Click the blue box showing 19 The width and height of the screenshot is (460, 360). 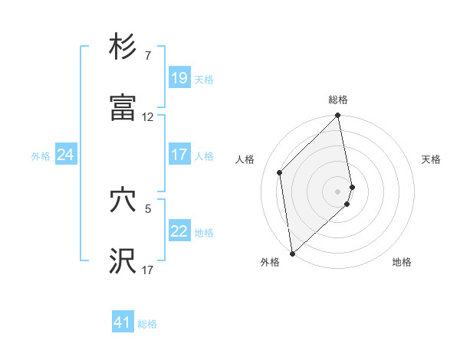(x=179, y=77)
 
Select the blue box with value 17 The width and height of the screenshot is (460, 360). (x=179, y=155)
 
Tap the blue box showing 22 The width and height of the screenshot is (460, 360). (x=179, y=231)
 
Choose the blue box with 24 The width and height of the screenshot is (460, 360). (x=65, y=155)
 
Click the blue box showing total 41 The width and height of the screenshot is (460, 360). (x=123, y=322)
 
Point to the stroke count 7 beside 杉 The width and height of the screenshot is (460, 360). (x=148, y=56)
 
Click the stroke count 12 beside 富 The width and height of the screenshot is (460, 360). (x=148, y=118)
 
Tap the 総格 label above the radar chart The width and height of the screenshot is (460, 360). (x=338, y=100)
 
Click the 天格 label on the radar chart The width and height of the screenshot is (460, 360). (x=432, y=159)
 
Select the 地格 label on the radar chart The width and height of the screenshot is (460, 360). (x=402, y=262)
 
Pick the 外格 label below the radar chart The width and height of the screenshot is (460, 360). (x=271, y=262)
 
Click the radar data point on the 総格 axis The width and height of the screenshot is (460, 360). (x=338, y=116)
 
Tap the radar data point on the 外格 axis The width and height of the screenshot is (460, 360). (x=292, y=253)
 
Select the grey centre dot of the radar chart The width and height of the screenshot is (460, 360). (x=338, y=191)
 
